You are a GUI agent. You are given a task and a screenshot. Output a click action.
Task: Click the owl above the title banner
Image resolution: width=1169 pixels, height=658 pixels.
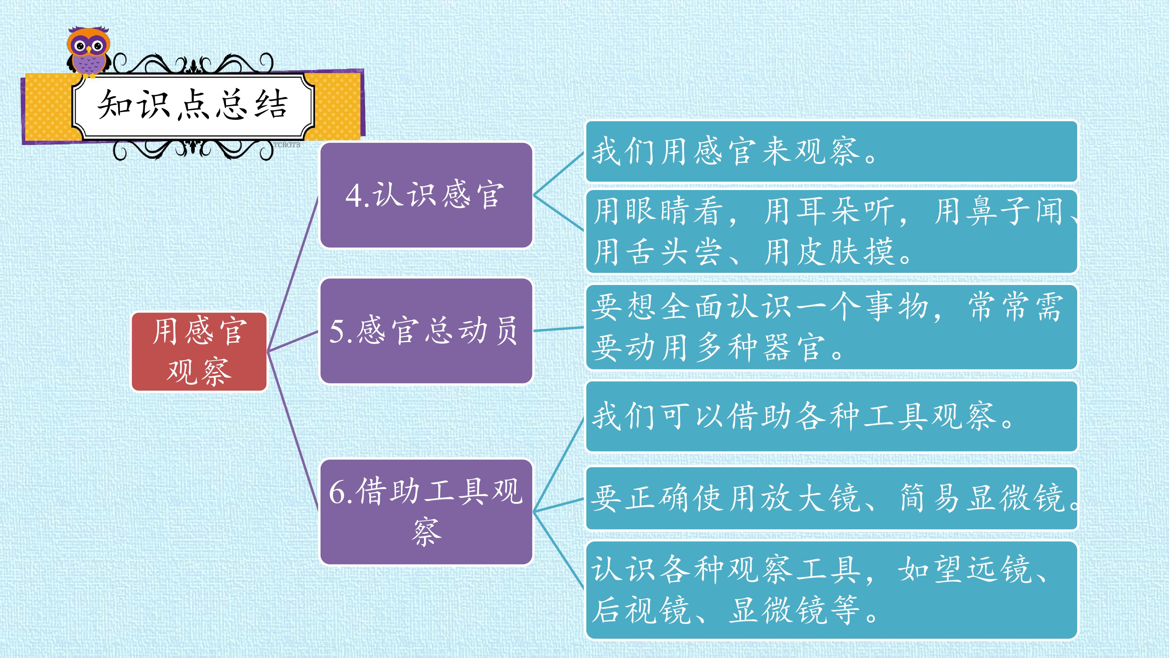click(x=89, y=52)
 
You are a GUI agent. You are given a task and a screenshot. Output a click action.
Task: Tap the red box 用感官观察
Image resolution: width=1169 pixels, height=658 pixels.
click(x=199, y=352)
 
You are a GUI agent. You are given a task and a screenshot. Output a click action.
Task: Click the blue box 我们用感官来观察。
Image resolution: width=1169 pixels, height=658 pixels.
click(x=831, y=151)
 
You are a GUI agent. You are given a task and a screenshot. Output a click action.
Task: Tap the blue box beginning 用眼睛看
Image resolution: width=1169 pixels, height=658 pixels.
click(x=831, y=232)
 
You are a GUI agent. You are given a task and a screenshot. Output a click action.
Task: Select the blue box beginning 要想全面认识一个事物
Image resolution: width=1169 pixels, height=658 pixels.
click(x=831, y=327)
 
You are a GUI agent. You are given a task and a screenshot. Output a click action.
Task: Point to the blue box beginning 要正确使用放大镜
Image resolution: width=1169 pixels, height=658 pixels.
click(x=831, y=498)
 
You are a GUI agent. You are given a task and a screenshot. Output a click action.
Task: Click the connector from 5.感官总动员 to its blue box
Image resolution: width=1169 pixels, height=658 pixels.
click(x=559, y=329)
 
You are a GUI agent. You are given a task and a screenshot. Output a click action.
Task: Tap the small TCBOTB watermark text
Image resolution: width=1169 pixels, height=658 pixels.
click(x=287, y=145)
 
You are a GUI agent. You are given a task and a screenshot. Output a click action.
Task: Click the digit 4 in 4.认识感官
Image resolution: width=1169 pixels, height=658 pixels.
click(x=354, y=196)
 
